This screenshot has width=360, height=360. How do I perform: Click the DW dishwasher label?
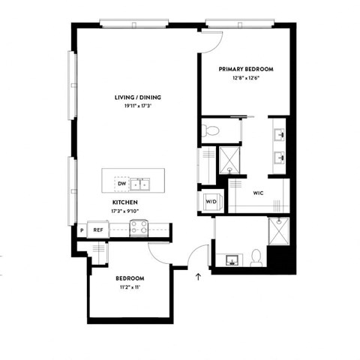(x=121, y=183)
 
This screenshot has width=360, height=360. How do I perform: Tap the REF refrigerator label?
(x=97, y=229)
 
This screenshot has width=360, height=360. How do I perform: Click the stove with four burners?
(x=140, y=229)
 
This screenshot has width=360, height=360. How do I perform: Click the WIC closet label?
(x=258, y=193)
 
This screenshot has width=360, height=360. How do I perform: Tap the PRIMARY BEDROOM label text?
(x=246, y=69)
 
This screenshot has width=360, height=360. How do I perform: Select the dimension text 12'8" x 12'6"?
(x=246, y=79)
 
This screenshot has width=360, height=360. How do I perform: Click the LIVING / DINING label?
(x=138, y=97)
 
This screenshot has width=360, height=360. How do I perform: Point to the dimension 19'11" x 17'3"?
(x=138, y=106)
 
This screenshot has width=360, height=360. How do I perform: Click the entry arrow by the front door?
(x=198, y=278)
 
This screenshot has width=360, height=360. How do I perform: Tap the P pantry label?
(x=82, y=229)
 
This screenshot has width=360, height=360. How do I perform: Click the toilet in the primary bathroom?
(x=211, y=130)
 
